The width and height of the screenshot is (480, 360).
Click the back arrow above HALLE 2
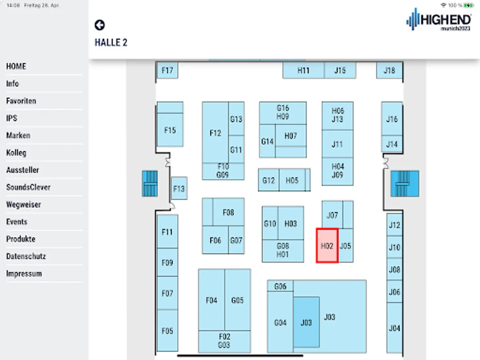pyautogui.click(x=100, y=25)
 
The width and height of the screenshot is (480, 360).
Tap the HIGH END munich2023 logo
pyautogui.click(x=438, y=20)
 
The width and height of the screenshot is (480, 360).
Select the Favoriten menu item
pyautogui.click(x=21, y=101)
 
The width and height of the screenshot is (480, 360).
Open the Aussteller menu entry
pyautogui.click(x=23, y=170)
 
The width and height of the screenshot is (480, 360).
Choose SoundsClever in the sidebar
pyautogui.click(x=28, y=187)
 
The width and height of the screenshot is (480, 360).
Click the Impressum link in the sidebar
pyautogui.click(x=24, y=274)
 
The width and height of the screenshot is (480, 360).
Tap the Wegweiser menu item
pyautogui.click(x=24, y=204)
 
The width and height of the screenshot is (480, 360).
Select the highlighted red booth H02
pyautogui.click(x=327, y=246)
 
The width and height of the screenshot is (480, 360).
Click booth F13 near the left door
pyautogui.click(x=179, y=188)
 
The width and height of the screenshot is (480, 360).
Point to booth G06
pyautogui.click(x=280, y=286)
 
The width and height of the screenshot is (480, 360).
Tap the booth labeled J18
pyautogui.click(x=389, y=70)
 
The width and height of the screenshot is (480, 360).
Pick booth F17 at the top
pyautogui.click(x=167, y=70)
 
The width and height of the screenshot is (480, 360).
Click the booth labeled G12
pyautogui.click(x=268, y=180)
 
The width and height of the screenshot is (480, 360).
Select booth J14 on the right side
pyautogui.click(x=392, y=144)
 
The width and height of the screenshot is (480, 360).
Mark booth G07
pyautogui.click(x=236, y=240)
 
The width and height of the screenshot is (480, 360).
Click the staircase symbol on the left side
pyautogui.click(x=150, y=184)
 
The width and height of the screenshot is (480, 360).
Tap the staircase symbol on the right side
pyautogui.click(x=404, y=184)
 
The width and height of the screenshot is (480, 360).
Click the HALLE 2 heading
pyautogui.click(x=111, y=42)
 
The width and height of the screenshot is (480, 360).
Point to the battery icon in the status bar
pyautogui.click(x=468, y=5)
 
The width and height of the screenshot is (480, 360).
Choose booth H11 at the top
pyautogui.click(x=303, y=70)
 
